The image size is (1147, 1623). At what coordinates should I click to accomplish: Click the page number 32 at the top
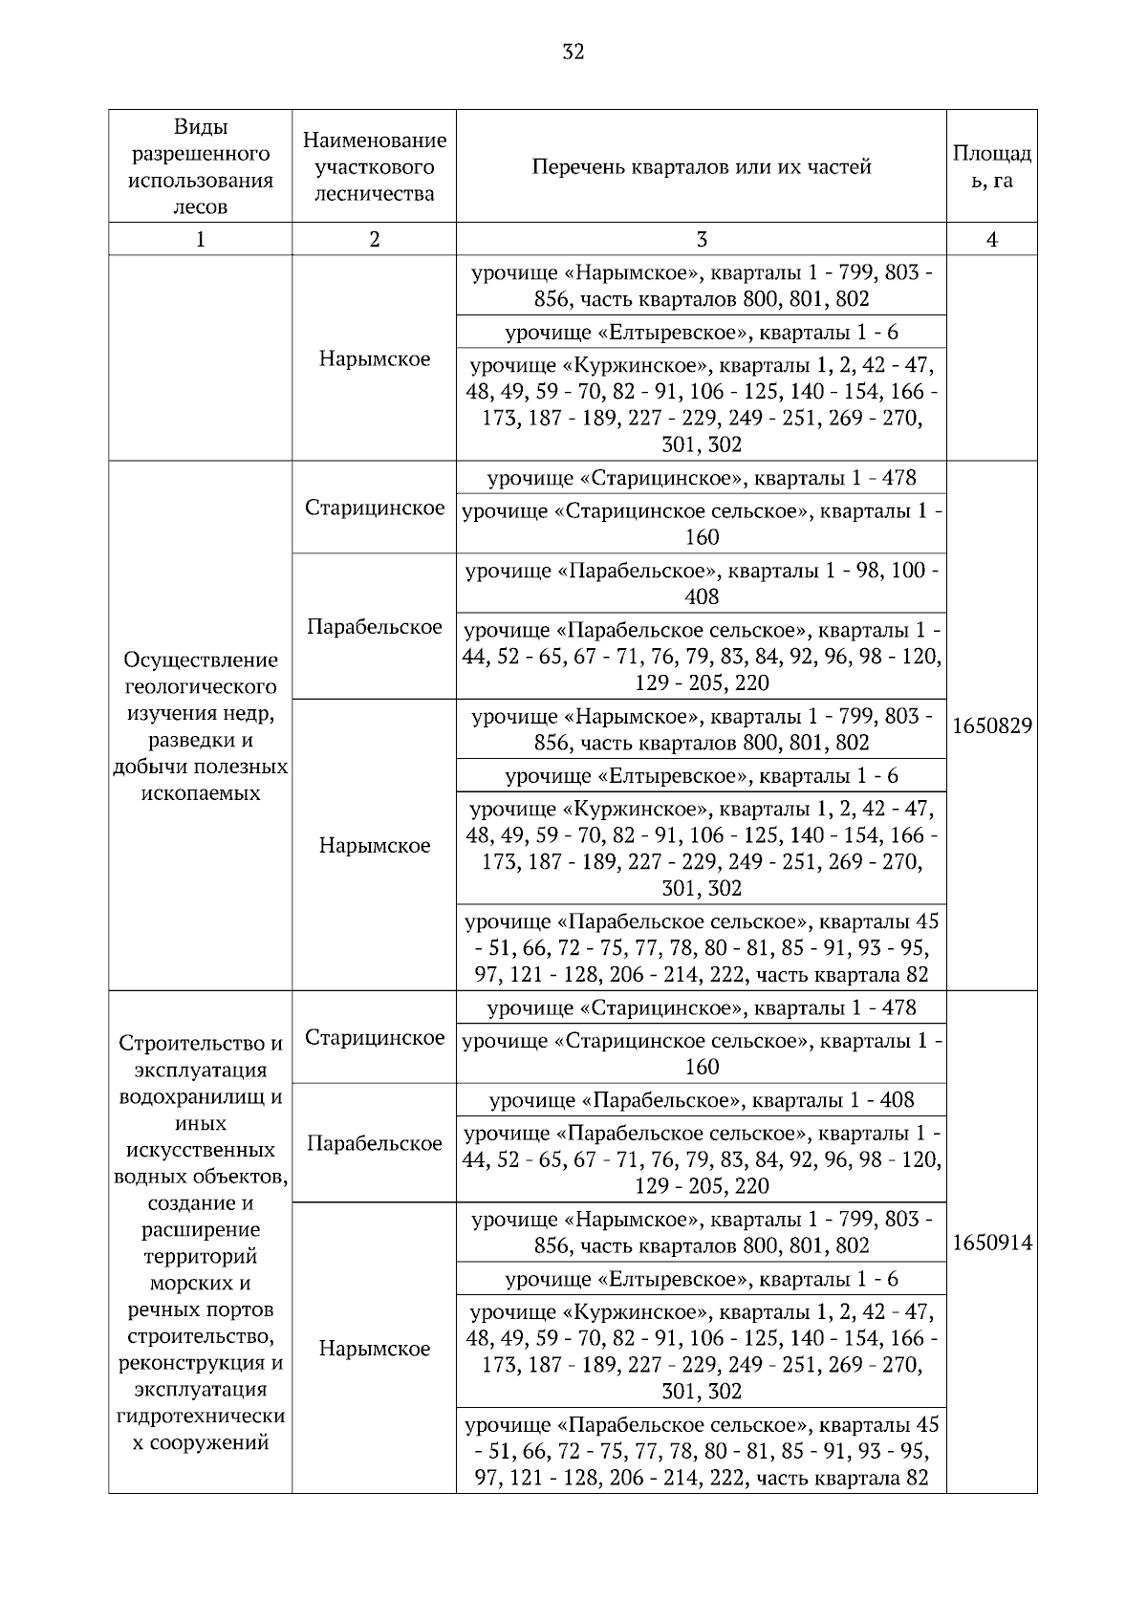573,52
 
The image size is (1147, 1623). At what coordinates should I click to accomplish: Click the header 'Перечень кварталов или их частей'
701,167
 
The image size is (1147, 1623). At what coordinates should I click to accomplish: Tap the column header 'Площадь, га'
991,167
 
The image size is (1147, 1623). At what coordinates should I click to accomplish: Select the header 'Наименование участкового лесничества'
374,167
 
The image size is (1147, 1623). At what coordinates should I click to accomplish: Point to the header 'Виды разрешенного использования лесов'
200,167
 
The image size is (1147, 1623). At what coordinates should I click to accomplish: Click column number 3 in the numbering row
701,240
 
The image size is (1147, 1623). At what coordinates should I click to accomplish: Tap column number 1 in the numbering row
200,240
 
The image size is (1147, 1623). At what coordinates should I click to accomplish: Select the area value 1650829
991,726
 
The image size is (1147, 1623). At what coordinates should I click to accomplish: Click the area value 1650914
991,1244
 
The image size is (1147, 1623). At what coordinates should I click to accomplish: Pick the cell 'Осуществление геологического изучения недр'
200,726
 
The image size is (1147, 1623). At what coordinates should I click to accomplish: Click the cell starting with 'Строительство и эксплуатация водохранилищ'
200,1244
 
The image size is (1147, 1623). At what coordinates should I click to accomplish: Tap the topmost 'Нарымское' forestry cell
374,359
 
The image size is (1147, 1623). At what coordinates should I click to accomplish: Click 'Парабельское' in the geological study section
374,627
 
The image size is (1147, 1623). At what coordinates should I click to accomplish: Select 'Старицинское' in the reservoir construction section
374,1038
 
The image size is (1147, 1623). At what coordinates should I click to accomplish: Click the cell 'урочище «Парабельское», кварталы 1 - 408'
701,1100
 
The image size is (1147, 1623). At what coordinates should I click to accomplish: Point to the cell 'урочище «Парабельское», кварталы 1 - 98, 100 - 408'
701,584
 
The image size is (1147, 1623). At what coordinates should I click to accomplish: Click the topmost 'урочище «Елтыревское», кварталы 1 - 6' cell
701,333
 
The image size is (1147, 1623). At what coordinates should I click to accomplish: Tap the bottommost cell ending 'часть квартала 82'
701,1451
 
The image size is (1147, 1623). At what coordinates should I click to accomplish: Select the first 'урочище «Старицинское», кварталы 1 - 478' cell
701,478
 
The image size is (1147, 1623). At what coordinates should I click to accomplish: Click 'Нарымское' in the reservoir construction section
374,1350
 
